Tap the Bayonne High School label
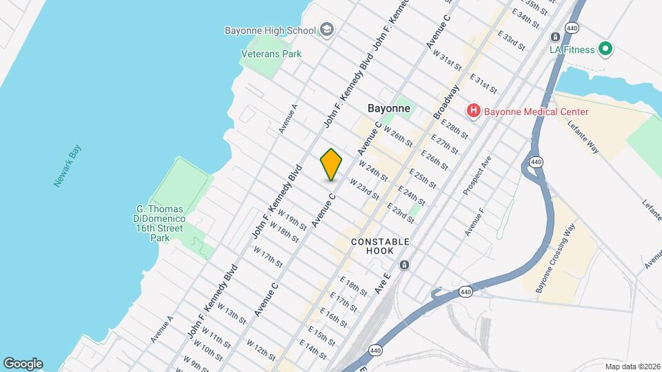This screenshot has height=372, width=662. pyautogui.click(x=270, y=30)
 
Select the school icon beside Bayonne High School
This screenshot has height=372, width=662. pyautogui.click(x=327, y=30)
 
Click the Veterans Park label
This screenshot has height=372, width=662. pyautogui.click(x=271, y=53)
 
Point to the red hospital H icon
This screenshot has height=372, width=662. pyautogui.click(x=474, y=110)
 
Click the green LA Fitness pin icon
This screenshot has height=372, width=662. pyautogui.click(x=605, y=49)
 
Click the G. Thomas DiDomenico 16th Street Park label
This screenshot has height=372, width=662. pyautogui.click(x=160, y=223)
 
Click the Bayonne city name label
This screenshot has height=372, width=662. pyautogui.click(x=388, y=108)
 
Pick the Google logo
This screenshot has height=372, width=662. pyautogui.click(x=23, y=364)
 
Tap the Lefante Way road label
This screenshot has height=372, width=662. pyautogui.click(x=583, y=134)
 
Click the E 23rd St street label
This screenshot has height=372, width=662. pyautogui.click(x=400, y=213)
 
